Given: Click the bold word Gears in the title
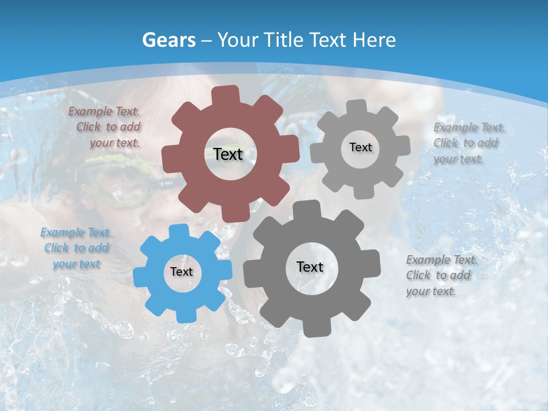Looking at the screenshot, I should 169,40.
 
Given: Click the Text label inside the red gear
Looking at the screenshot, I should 228,154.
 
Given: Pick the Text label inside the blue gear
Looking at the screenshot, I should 182,272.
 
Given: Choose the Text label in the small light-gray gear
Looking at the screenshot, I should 360,147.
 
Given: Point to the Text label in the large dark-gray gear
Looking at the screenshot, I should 310,267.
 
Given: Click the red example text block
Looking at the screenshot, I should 105,127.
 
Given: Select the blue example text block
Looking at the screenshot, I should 76,248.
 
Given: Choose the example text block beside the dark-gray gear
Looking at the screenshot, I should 441,275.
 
